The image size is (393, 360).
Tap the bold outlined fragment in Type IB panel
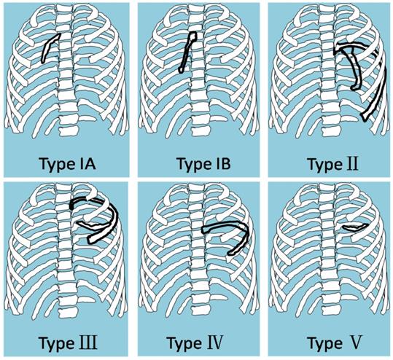(188, 51)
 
